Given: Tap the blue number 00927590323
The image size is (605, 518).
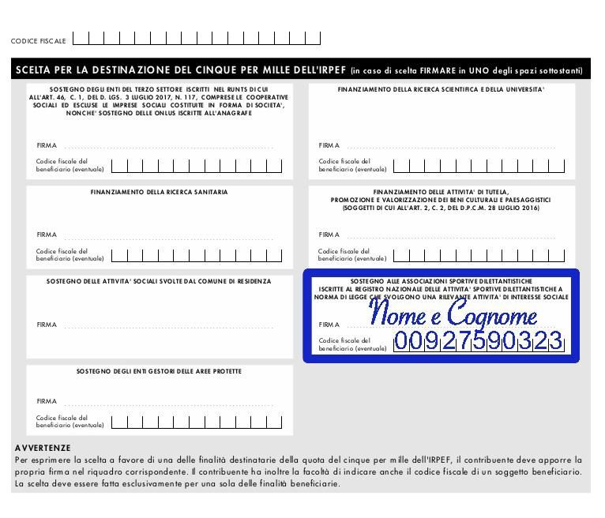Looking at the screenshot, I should [x=479, y=342].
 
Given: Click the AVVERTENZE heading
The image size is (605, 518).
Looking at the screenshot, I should [x=43, y=448].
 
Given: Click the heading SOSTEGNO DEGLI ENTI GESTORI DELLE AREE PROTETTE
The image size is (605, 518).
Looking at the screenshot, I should [x=159, y=371].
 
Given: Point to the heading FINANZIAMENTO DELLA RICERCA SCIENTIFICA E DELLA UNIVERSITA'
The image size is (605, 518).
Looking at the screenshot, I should [x=441, y=89].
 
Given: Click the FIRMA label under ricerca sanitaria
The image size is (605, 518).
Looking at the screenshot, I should [x=47, y=235].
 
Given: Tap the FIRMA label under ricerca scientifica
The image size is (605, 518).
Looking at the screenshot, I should [x=329, y=145].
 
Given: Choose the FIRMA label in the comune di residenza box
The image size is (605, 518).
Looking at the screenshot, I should [x=47, y=325].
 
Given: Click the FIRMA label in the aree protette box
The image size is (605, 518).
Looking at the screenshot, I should [x=47, y=401].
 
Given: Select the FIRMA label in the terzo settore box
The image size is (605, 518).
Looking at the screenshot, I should [x=47, y=145].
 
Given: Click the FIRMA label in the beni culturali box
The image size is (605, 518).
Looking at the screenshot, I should [x=329, y=235].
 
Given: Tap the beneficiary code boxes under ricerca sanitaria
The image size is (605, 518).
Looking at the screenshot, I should [x=197, y=255].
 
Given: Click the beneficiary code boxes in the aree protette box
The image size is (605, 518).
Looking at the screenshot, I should [x=197, y=422].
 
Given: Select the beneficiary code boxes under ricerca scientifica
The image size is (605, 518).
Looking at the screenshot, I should [x=479, y=166].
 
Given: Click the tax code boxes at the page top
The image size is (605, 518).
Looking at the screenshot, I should [x=197, y=38].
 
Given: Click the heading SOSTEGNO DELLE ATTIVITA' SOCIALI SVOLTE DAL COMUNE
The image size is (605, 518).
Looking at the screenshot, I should [x=159, y=281].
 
